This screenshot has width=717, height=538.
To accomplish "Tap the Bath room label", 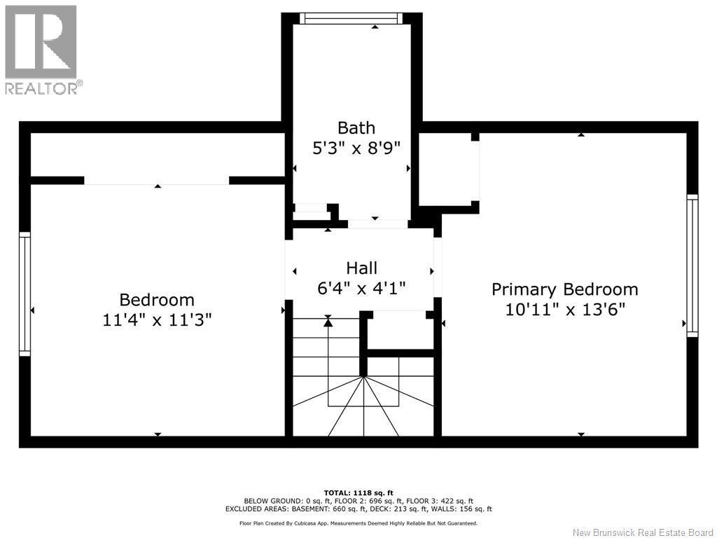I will (356, 127).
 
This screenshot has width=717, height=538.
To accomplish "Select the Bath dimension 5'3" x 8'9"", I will (356, 149).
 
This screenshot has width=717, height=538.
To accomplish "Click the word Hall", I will (361, 268).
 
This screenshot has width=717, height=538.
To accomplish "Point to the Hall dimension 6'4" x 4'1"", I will (361, 288).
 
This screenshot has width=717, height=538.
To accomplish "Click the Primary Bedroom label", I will (564, 289).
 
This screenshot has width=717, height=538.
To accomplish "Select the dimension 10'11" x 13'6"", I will (564, 310).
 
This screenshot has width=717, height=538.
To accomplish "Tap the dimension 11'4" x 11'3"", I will (157, 320).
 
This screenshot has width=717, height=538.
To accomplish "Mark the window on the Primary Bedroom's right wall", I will (692, 265).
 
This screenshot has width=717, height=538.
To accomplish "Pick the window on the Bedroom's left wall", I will (25, 294).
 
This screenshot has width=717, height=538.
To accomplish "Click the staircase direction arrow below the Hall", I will (328, 322).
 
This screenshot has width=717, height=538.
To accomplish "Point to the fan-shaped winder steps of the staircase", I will (364, 406).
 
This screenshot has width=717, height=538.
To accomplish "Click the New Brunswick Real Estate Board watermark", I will (642, 532).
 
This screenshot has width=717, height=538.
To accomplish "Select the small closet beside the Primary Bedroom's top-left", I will (448, 170).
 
